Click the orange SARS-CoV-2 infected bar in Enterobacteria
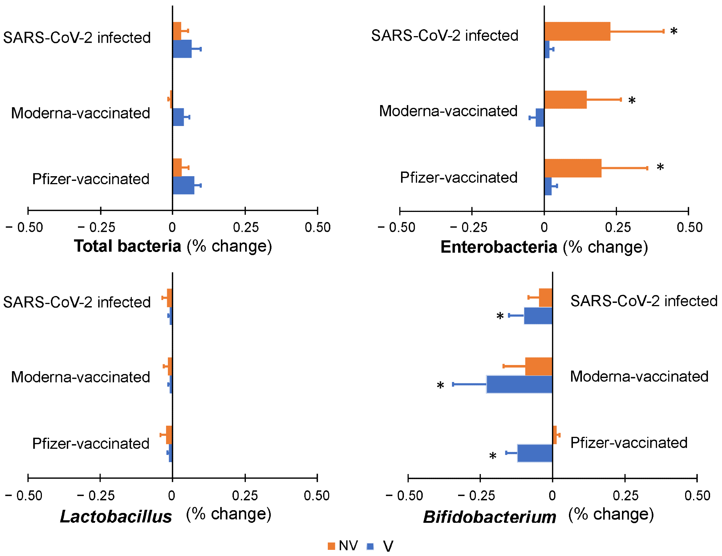click(577, 31)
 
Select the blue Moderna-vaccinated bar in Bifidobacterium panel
click(519, 384)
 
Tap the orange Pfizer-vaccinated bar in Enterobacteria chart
click(573, 168)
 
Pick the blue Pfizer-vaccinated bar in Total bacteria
click(183, 185)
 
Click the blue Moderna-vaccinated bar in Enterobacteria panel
click(540, 118)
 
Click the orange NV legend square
click(331, 546)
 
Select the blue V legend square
click(370, 546)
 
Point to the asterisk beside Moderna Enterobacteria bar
click(632, 101)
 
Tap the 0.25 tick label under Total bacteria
click(245, 227)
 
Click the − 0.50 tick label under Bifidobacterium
click(404, 496)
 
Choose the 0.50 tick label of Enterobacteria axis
click(690, 227)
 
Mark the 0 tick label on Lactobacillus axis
click(171, 496)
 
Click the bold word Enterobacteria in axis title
click(499, 247)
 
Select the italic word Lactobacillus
click(116, 517)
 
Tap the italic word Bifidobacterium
click(490, 517)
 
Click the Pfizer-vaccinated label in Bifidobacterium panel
click(629, 443)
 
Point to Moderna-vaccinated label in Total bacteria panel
click(81, 113)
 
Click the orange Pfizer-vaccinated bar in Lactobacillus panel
click(169, 435)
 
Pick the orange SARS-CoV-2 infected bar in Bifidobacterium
click(545, 298)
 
